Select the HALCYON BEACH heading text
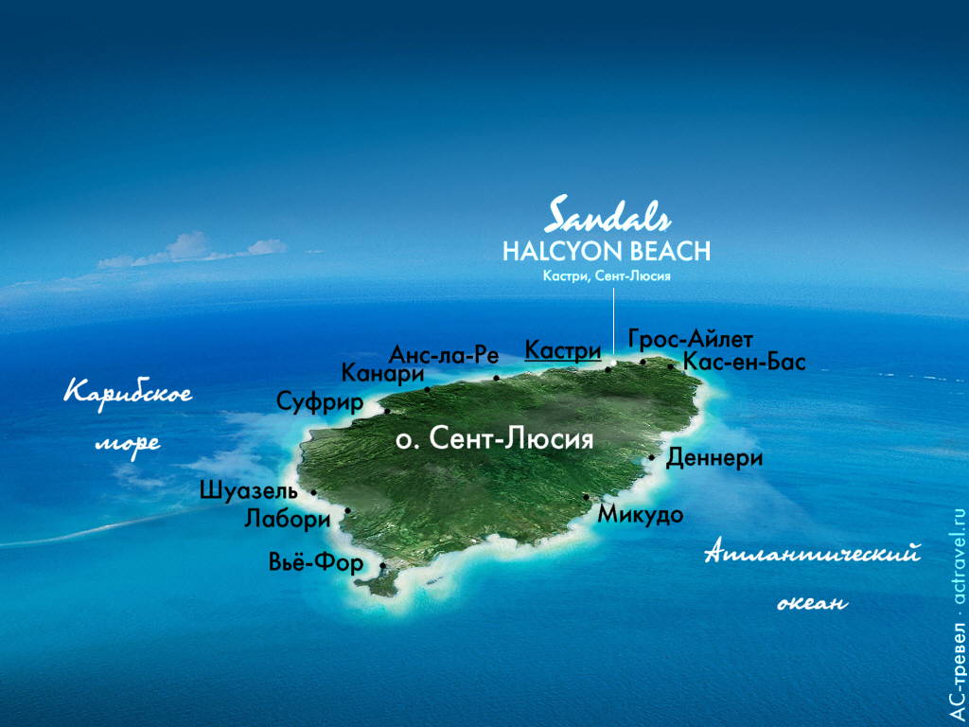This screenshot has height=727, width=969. pos(606,251)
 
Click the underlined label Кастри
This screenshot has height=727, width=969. pos(563,350)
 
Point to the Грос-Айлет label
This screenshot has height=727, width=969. pos(691,339)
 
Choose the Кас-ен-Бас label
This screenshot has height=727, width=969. pos(744,362)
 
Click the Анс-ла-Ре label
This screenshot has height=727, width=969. pos(444,355)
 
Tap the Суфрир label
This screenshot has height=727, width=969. pos(320,402)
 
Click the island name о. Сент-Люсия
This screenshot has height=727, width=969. pos(494,439)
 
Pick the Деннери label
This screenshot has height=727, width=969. pos(714,458)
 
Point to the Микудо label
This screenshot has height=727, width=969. pos(641,514)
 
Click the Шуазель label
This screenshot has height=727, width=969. pos(249,490)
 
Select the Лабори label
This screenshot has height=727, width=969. pos(287,519)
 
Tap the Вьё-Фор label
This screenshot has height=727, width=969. pos(316,564)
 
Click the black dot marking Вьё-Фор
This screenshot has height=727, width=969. pos(382,566)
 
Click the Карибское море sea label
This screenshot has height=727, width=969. pos(127,417)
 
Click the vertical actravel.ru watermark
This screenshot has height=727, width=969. pos(957,615)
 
